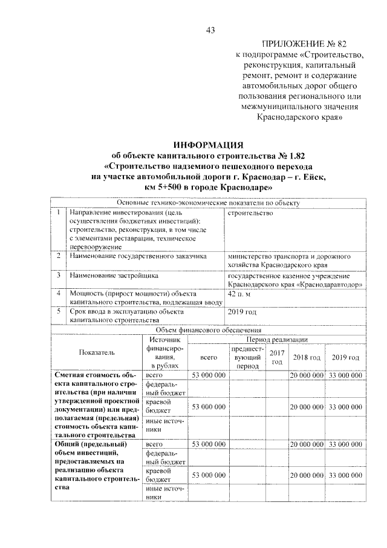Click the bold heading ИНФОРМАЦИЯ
(x=208, y=145)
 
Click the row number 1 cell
(x=57, y=213)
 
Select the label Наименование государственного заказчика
(x=138, y=256)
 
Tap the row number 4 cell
(x=57, y=294)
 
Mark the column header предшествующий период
(x=247, y=358)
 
